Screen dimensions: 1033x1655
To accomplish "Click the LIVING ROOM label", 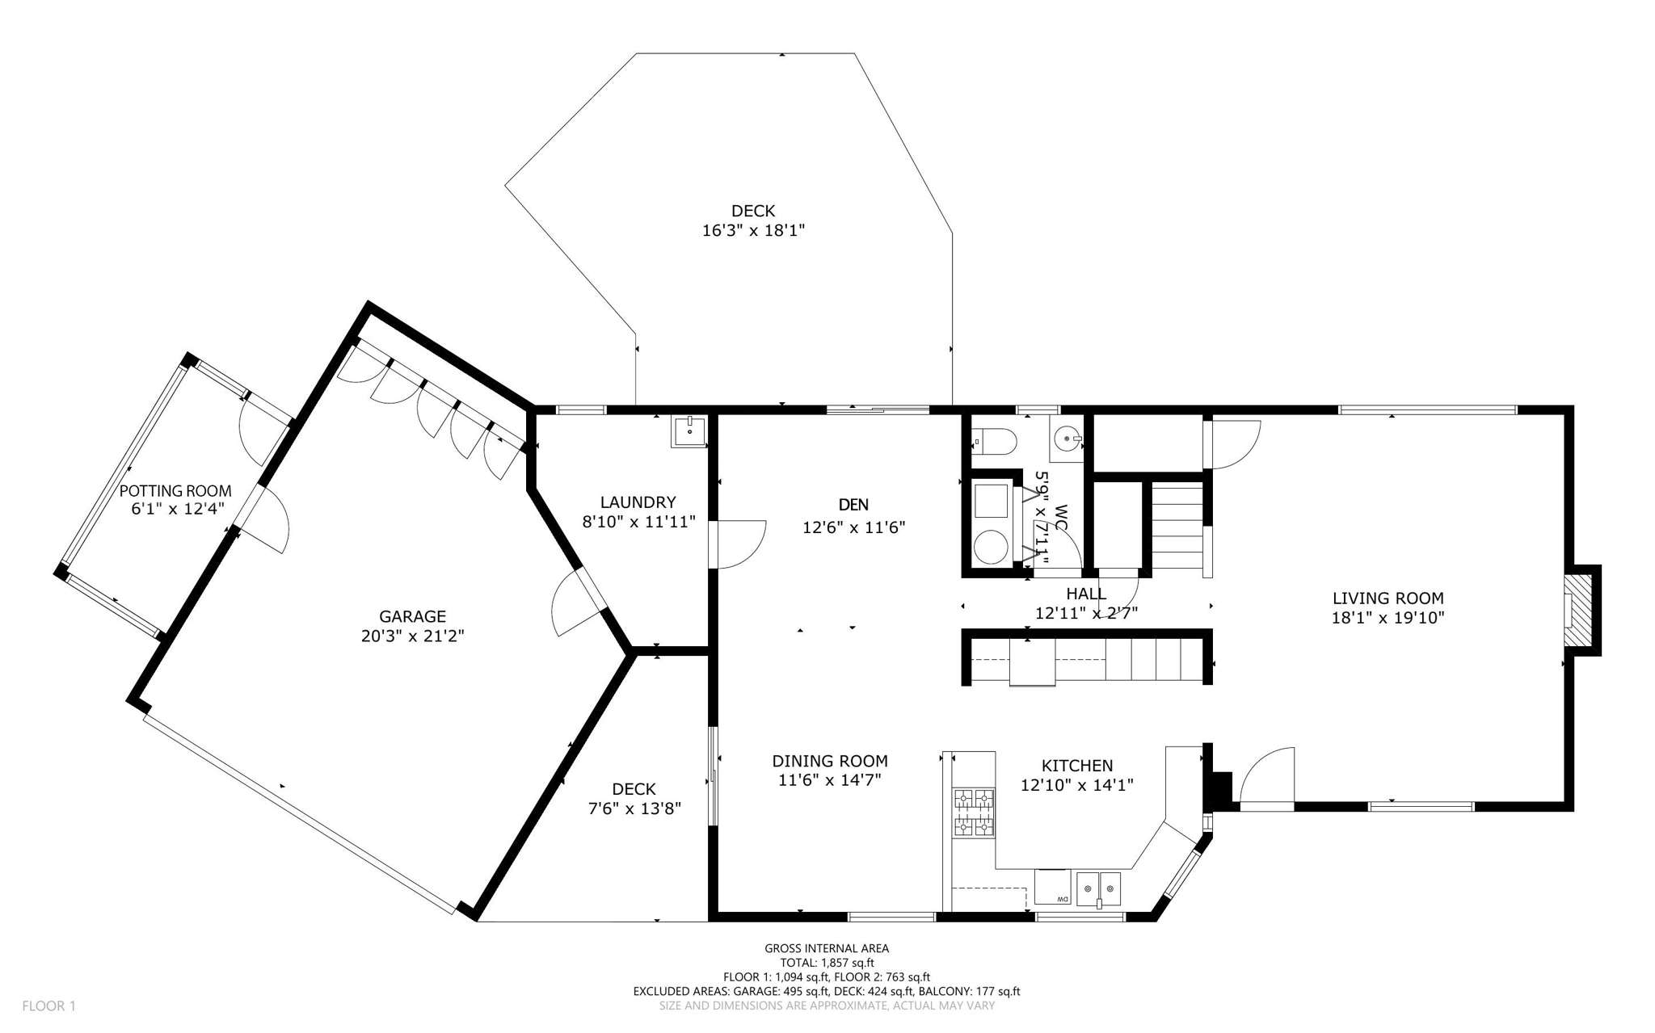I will (1388, 598).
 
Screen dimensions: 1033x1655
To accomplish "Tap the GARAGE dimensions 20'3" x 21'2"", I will (412, 636).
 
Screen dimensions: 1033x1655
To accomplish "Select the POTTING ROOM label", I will (175, 491).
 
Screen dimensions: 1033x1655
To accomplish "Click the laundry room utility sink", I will (689, 431).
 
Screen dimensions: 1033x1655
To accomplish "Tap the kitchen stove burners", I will (974, 812).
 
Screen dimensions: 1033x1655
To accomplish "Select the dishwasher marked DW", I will (1052, 887).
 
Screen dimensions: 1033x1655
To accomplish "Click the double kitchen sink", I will (1098, 888).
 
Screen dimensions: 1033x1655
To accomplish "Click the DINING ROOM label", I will (830, 761).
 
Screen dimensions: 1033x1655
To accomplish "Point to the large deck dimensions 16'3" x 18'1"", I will (753, 231).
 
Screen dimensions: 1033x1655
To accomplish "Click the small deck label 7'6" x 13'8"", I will (634, 808).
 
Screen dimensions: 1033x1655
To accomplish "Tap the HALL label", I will (1086, 594).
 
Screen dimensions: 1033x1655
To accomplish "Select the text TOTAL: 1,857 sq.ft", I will (827, 963).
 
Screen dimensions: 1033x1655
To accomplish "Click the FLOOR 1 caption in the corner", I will (48, 1006).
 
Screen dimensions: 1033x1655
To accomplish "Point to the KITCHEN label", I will (1076, 766).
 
